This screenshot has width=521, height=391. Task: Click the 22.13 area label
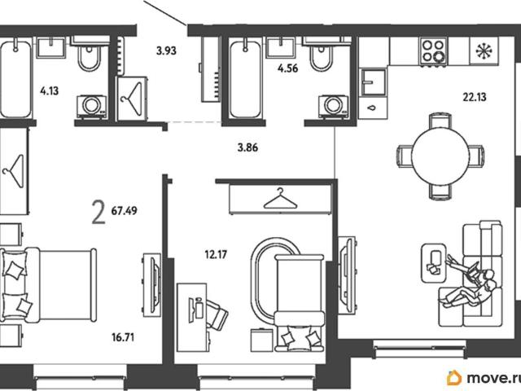(x=475, y=97)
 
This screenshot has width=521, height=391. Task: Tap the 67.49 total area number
(x=124, y=211)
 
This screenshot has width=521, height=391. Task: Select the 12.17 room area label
(x=216, y=255)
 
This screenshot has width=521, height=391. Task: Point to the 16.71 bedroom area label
(x=123, y=337)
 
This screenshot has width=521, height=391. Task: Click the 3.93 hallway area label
(x=166, y=51)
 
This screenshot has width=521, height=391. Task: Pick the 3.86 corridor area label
(x=247, y=147)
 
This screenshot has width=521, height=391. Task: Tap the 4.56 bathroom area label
(x=287, y=68)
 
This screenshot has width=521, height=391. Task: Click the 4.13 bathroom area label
(x=49, y=90)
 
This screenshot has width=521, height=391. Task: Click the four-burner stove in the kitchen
(x=433, y=51)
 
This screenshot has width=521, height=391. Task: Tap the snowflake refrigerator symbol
(x=484, y=51)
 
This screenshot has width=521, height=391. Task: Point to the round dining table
(x=440, y=156)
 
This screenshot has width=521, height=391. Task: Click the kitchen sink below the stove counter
(x=374, y=81)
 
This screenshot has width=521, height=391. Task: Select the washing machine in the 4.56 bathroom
(x=333, y=106)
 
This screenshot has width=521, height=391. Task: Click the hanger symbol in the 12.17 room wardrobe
(x=280, y=199)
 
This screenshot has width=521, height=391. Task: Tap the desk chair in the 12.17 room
(x=216, y=314)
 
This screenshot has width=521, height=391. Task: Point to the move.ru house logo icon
(x=454, y=378)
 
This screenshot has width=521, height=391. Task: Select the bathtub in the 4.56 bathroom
(x=245, y=79)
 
